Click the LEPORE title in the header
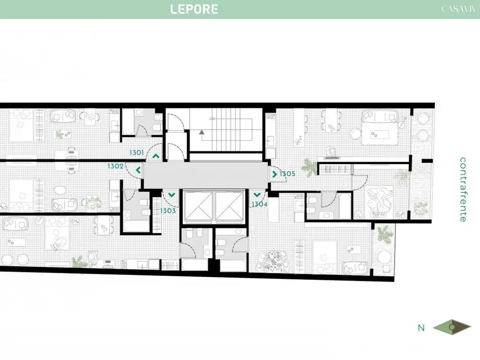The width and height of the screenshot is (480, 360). tap(194, 9)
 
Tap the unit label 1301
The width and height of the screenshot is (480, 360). tap(137, 152)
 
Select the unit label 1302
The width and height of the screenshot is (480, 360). tap(115, 166)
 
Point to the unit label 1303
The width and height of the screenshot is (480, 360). tap(168, 211)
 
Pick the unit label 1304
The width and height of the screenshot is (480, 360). tap(259, 204)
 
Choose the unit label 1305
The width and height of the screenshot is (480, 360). tap(288, 174)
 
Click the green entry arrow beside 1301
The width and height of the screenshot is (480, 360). tap(156, 156)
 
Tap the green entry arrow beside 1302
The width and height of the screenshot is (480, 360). tap(138, 170)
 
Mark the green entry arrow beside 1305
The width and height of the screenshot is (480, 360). tap(275, 174)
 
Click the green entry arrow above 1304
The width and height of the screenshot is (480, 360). tap(257, 195)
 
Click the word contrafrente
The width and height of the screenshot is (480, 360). tap(463, 189)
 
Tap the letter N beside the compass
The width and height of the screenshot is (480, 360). tap(421, 328)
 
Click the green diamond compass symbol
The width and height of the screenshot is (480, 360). tap(452, 328)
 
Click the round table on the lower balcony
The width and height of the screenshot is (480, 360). tap(384, 257)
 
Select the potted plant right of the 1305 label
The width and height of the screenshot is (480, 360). tap(309, 167)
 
